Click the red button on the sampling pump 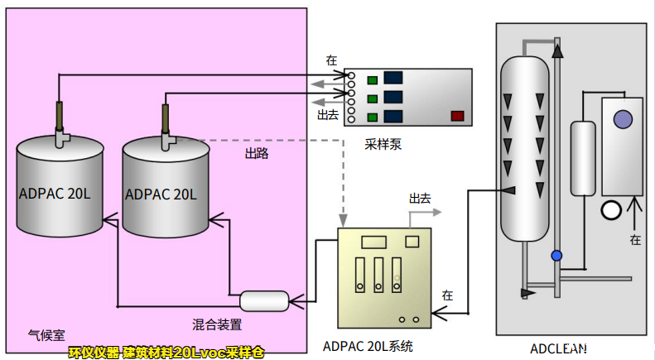tap(456, 116)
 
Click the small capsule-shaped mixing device tap(264, 300)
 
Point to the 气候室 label tap(45, 335)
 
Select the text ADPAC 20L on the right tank tap(161, 194)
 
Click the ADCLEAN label tap(558, 347)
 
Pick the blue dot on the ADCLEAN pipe tap(556, 255)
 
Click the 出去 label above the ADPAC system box tap(420, 199)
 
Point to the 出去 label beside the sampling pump tap(329, 114)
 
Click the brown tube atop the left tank tap(60, 115)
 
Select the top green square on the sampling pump tap(373, 80)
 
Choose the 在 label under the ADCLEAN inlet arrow tap(635, 240)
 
